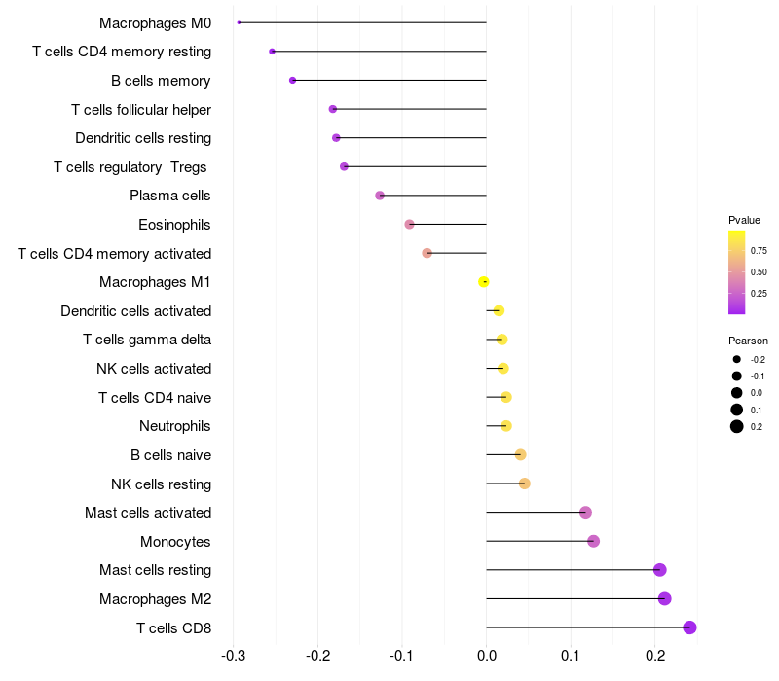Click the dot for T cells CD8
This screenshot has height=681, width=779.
point(689,627)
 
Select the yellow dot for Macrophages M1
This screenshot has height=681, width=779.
point(484,282)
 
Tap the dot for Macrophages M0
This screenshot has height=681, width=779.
point(239,22)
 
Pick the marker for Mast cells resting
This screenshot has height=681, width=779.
point(660,570)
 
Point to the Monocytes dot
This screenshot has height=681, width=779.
point(594,541)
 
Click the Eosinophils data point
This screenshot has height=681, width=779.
point(410,225)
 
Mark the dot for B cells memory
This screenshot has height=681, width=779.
point(293,80)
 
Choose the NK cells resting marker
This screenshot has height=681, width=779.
point(525,484)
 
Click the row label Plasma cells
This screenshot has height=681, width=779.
point(170,196)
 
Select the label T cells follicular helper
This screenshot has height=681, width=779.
point(141,109)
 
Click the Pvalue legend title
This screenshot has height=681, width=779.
point(744,220)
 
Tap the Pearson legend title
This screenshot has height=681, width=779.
point(748,341)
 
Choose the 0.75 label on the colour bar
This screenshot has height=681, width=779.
point(759,251)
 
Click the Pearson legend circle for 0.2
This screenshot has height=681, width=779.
point(737,426)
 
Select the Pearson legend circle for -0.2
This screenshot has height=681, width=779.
point(737,360)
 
